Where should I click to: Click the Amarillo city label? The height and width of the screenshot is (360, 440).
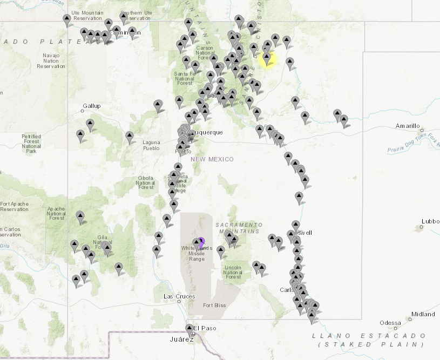coord(408,126)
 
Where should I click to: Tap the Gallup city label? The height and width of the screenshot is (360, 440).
coord(92,106)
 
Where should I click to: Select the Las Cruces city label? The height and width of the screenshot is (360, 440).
coord(179,296)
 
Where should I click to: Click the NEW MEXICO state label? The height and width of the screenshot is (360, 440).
coord(212,159)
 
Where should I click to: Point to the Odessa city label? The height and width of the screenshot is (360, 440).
coord(390,323)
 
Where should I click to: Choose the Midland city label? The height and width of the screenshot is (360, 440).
coord(423,314)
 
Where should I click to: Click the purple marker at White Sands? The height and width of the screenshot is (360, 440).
coord(201,242)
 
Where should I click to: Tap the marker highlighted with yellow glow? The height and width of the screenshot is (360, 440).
coord(266,58)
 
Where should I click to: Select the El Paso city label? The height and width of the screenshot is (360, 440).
coord(205,328)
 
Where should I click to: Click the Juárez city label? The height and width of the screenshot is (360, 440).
coord(181,339)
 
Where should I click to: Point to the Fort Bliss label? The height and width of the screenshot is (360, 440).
coord(215,305)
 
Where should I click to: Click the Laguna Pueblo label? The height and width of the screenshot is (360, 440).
coord(151,145)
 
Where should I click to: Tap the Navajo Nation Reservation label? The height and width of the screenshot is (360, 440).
coord(51,60)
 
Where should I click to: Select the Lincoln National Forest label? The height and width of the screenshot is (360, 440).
coord(233,272)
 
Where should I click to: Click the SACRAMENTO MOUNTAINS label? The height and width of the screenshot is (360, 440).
coord(239,227)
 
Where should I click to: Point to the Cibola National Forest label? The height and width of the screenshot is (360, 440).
coord(146,182)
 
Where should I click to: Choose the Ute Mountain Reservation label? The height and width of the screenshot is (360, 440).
coord(88,16)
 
